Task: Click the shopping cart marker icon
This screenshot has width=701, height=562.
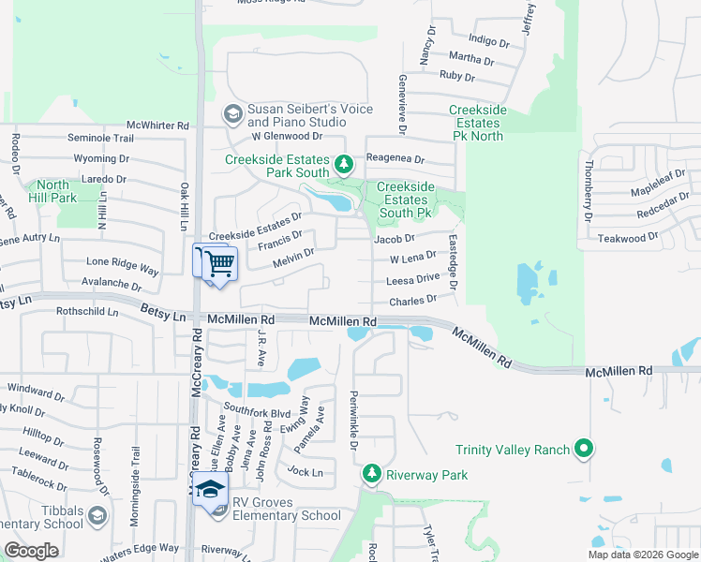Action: click(x=219, y=263)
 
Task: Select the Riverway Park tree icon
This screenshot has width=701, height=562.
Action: click(x=373, y=475)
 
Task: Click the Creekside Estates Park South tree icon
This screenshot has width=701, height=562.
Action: click(x=344, y=166)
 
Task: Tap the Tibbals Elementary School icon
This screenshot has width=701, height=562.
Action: click(x=97, y=515)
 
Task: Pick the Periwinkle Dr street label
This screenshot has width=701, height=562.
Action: click(x=354, y=419)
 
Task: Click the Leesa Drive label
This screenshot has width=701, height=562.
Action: click(x=413, y=278)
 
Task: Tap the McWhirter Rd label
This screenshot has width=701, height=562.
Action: click(x=157, y=125)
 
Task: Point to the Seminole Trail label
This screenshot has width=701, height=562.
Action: click(x=100, y=138)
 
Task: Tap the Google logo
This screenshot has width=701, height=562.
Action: click(x=31, y=551)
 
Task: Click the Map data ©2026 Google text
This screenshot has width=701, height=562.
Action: click(x=642, y=555)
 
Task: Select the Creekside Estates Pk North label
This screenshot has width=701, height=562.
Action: click(x=477, y=123)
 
